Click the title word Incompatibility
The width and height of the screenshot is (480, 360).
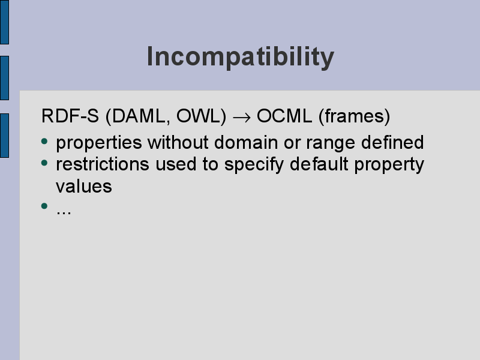[241, 57]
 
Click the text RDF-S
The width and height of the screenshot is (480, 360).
[70, 116]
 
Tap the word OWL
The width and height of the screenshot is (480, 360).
[199, 116]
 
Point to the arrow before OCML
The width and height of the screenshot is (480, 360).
[242, 117]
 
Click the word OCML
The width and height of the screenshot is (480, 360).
[284, 116]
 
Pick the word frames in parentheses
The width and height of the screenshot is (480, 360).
[355, 116]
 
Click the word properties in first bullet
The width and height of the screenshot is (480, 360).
[99, 143]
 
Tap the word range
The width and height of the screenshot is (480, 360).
[331, 143]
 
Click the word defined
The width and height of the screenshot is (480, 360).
[392, 142]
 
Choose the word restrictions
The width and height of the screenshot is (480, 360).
[103, 164]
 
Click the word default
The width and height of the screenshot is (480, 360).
[319, 164]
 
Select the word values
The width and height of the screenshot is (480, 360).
[84, 187]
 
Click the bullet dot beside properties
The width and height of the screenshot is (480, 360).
[44, 141]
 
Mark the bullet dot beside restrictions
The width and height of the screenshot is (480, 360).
[44, 163]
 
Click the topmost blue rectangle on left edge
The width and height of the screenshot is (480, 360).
[4, 22]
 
